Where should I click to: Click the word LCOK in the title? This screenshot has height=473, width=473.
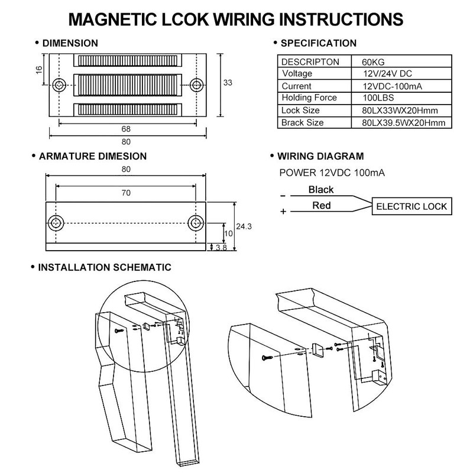(185, 20)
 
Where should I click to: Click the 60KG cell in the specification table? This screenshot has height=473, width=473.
(373, 62)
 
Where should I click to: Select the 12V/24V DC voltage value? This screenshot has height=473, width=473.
(387, 73)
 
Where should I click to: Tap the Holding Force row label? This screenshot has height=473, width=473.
(309, 98)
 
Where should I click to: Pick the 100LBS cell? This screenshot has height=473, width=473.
(378, 98)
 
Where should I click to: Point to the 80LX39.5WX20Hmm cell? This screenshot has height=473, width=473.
(404, 123)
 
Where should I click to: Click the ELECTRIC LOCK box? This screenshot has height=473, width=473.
(412, 206)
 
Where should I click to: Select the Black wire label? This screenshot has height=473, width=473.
(321, 190)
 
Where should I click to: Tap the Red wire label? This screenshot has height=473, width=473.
(322, 205)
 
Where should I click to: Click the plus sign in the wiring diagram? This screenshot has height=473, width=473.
(283, 212)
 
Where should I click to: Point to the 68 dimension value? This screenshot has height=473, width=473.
(126, 129)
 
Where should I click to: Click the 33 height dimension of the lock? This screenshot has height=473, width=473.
(228, 83)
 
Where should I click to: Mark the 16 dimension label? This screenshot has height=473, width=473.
(39, 70)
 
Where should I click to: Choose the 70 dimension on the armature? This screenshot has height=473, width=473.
(126, 193)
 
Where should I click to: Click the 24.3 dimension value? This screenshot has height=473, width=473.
(244, 226)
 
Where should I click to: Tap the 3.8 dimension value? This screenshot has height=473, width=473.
(221, 247)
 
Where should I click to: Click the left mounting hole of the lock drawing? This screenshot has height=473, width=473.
(59, 85)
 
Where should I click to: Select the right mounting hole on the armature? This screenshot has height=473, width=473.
(196, 223)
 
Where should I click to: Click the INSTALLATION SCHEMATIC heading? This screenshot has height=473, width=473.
(105, 267)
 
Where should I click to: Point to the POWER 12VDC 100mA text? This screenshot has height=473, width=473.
(332, 173)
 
